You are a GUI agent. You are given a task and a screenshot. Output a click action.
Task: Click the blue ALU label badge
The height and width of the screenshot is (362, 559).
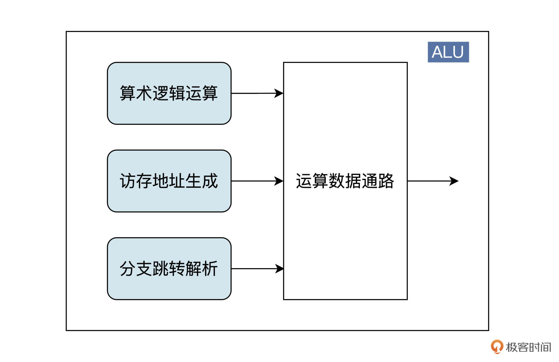tap(448, 52)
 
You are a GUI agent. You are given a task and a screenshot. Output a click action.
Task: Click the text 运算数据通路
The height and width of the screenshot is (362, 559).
tap(345, 181)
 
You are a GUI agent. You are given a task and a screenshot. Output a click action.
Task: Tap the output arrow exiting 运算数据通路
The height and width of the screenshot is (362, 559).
tap(428, 181)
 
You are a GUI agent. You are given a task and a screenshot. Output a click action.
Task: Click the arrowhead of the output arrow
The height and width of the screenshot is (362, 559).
tap(454, 181)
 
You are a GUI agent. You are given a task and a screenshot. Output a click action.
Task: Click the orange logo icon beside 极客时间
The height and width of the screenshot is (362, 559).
tap(497, 347)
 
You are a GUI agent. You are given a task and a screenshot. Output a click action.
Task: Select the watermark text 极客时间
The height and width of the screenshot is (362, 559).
tap(528, 347)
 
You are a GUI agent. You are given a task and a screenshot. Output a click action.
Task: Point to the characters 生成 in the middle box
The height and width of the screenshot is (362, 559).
tap(201, 181)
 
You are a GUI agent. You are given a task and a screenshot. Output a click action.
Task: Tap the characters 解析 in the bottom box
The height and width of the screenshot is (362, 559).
tap(201, 268)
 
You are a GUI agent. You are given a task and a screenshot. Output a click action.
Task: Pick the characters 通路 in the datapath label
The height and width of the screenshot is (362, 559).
tap(378, 181)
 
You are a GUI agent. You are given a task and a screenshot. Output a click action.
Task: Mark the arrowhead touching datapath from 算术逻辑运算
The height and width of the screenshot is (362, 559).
tap(279, 93)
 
